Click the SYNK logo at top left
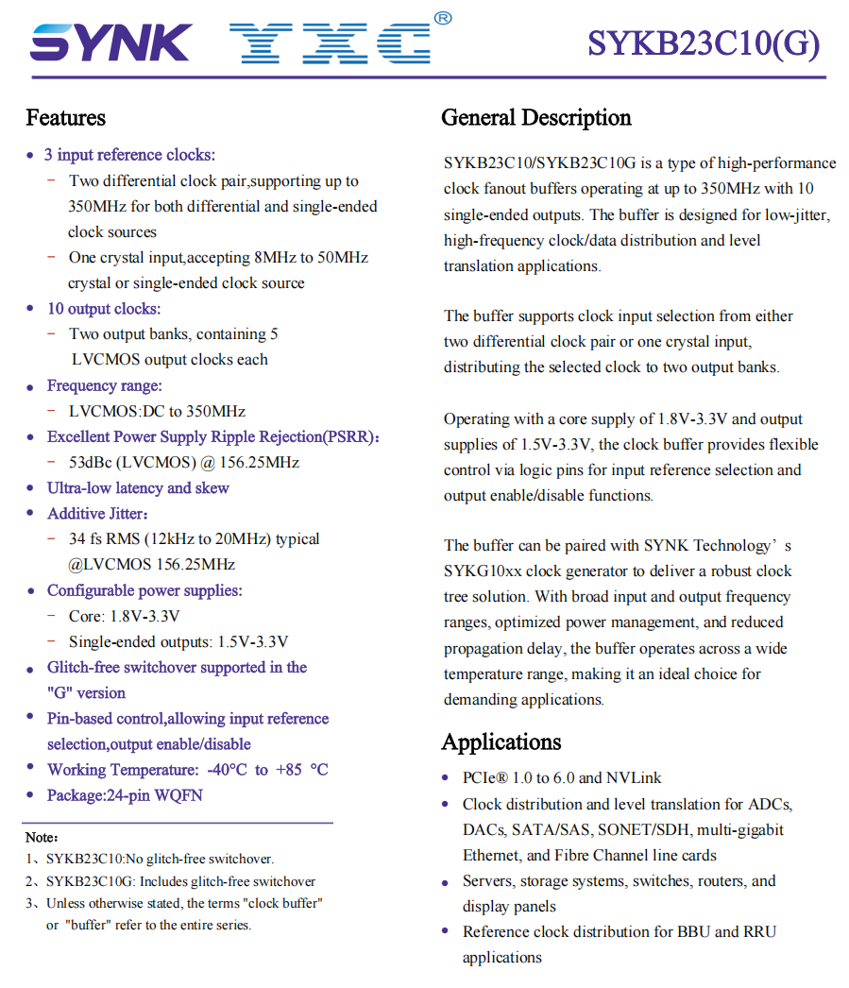tap(110, 43)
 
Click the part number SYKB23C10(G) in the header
tap(704, 43)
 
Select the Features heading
tap(65, 118)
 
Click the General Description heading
tap(535, 118)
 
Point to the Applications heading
tap(501, 741)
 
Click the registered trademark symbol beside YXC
tap(442, 18)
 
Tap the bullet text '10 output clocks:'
tap(104, 309)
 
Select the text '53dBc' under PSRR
tap(91, 462)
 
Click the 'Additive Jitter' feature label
tap(97, 513)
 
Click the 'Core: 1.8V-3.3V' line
tap(124, 616)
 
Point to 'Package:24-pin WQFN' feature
tap(125, 795)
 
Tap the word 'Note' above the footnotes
tap(42, 837)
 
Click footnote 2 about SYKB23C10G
tap(180, 881)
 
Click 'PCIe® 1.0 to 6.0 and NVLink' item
tap(562, 778)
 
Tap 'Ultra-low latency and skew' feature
tap(138, 487)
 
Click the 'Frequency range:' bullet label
tap(104, 385)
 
